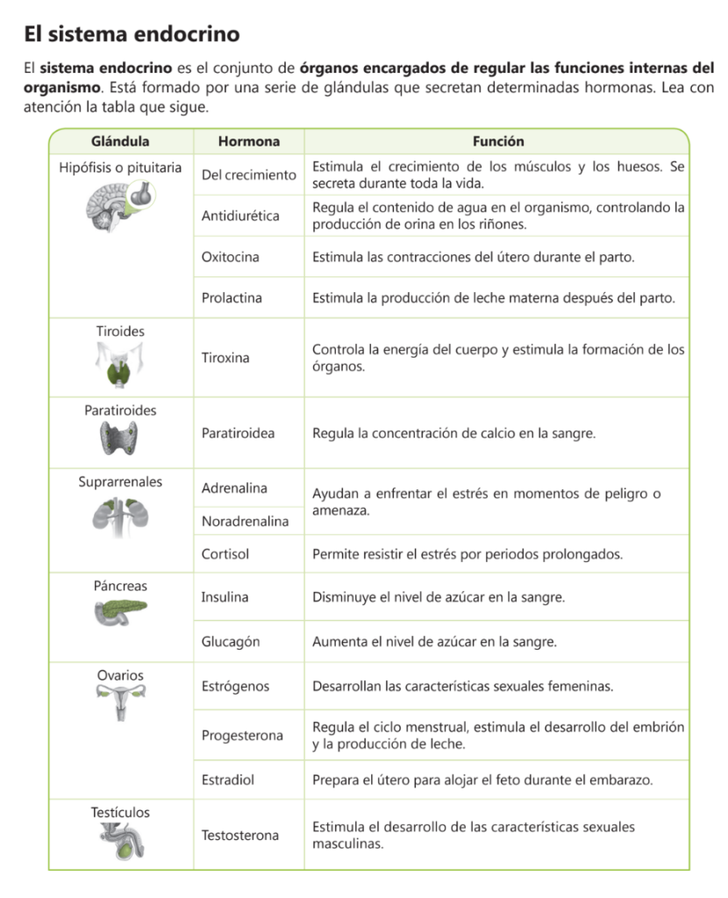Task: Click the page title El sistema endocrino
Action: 132,34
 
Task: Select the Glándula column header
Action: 120,141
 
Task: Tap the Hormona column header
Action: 249,141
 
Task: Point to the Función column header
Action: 497,141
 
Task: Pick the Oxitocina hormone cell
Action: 230,257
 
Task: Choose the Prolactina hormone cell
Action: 232,298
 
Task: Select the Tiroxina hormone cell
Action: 225,358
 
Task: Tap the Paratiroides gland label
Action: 120,410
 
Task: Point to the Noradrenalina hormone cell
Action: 245,522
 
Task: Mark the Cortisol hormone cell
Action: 225,554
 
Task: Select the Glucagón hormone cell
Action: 231,642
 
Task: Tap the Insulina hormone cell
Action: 225,597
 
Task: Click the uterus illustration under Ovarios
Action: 120,702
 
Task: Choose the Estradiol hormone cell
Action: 228,780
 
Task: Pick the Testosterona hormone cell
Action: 240,835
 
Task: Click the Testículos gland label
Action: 120,813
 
